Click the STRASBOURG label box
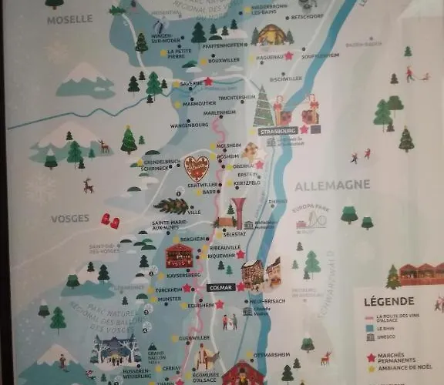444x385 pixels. [277, 131]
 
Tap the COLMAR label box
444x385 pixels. [220, 288]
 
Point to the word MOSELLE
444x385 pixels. [69, 19]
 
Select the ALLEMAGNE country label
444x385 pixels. [331, 186]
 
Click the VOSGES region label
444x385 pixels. [70, 218]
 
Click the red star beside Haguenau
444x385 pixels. [289, 55]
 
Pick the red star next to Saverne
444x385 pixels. [208, 81]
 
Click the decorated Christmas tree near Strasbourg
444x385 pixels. [263, 108]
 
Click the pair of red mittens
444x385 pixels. [109, 221]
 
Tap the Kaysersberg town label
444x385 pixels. [183, 275]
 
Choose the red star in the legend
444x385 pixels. [371, 357]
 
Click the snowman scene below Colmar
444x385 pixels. [230, 321]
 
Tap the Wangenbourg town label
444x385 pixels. [189, 124]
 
